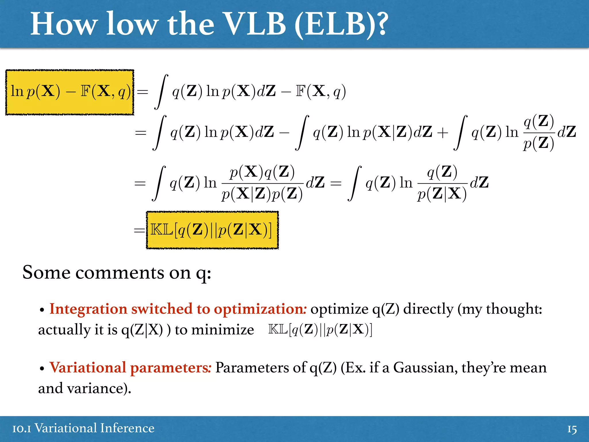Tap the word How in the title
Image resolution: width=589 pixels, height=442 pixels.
tap(64, 24)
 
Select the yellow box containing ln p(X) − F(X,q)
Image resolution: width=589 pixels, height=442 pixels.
tap(70, 92)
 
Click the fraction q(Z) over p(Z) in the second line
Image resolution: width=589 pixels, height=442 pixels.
tap(539, 132)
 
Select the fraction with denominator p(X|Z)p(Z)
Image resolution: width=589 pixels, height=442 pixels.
tap(262, 183)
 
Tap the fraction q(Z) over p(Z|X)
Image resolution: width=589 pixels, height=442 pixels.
tap(442, 183)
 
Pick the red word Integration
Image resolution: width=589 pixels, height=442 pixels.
tap(88, 309)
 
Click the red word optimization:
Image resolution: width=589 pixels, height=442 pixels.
tap(260, 309)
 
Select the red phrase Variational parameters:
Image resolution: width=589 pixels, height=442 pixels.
tap(130, 368)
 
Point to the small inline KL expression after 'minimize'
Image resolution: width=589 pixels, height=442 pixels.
tap(320, 329)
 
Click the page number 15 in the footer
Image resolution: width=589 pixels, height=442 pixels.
tap(572, 429)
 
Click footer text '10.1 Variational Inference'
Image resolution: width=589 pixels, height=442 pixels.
tap(83, 428)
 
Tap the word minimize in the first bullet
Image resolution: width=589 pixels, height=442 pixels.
tap(223, 330)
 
